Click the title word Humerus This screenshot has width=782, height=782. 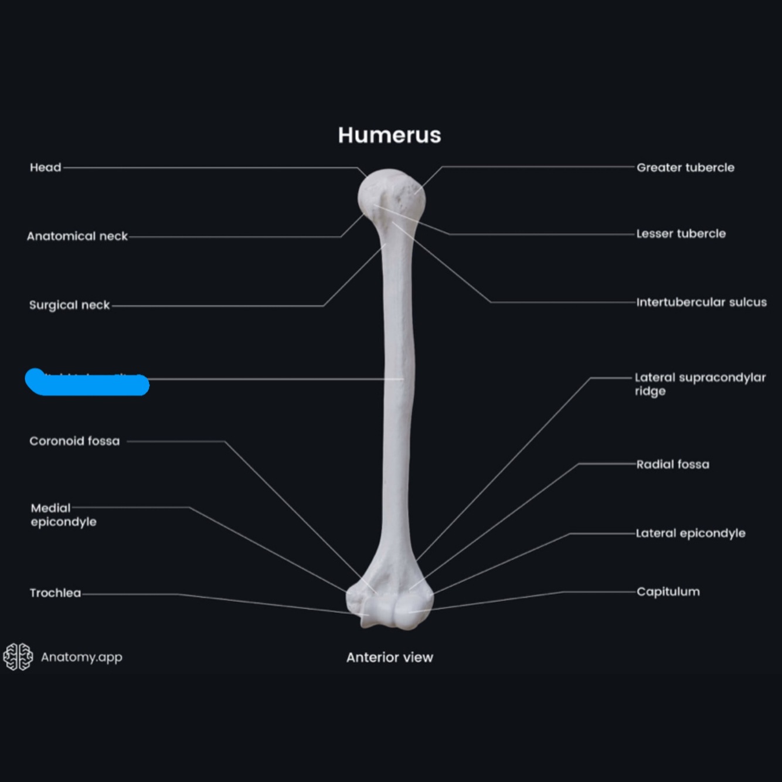pyautogui.click(x=389, y=135)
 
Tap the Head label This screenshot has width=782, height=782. pyautogui.click(x=45, y=168)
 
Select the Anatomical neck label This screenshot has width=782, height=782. pyautogui.click(x=77, y=236)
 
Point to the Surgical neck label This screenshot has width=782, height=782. pyautogui.click(x=69, y=305)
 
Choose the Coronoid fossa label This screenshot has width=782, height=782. pyautogui.click(x=74, y=441)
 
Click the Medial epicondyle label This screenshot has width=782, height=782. pyautogui.click(x=63, y=515)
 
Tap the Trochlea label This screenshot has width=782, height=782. pyautogui.click(x=55, y=593)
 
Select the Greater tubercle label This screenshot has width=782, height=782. pyautogui.click(x=685, y=168)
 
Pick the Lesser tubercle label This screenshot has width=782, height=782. pyautogui.click(x=681, y=234)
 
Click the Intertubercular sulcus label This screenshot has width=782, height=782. pyautogui.click(x=701, y=302)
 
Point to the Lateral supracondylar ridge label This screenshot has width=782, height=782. pyautogui.click(x=699, y=384)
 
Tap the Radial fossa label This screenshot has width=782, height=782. pyautogui.click(x=672, y=464)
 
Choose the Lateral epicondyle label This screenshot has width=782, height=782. pyautogui.click(x=690, y=533)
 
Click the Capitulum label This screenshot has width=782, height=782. pyautogui.click(x=668, y=591)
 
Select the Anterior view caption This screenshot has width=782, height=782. pyautogui.click(x=389, y=657)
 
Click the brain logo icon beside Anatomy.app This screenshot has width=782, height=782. pyautogui.click(x=18, y=657)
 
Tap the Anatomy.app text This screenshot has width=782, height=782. pyautogui.click(x=81, y=657)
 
